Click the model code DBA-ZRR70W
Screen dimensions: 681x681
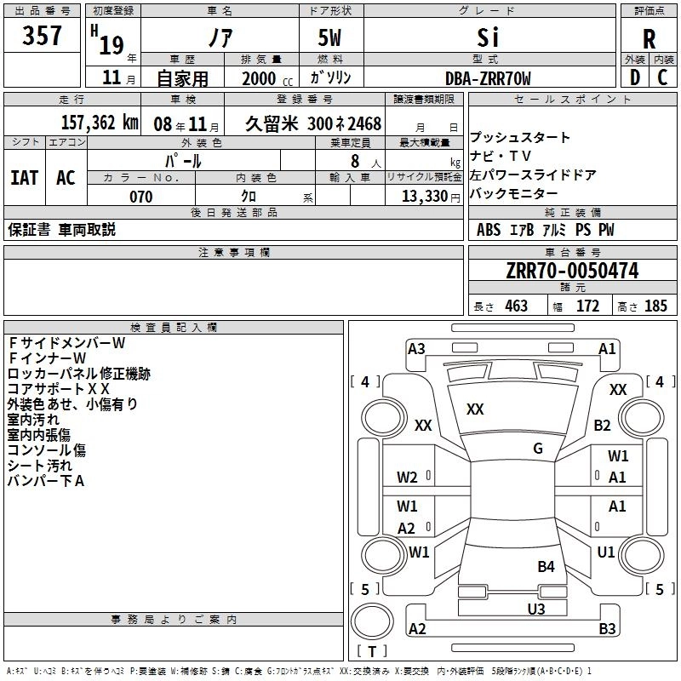(x=488, y=79)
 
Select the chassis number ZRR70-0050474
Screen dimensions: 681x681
(x=571, y=272)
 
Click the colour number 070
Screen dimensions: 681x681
(x=140, y=197)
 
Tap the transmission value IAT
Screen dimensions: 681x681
(x=25, y=178)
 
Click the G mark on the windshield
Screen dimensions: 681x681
(x=538, y=449)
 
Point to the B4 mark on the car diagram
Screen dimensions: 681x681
(x=546, y=566)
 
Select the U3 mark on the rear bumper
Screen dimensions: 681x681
(x=535, y=609)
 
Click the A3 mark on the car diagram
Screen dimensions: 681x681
(x=416, y=348)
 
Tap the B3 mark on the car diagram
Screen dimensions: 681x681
(x=607, y=629)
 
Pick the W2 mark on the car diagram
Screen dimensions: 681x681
(x=407, y=477)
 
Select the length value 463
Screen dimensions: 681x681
(x=515, y=306)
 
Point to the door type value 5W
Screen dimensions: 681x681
(x=331, y=38)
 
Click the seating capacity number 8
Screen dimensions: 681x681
(x=353, y=161)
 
